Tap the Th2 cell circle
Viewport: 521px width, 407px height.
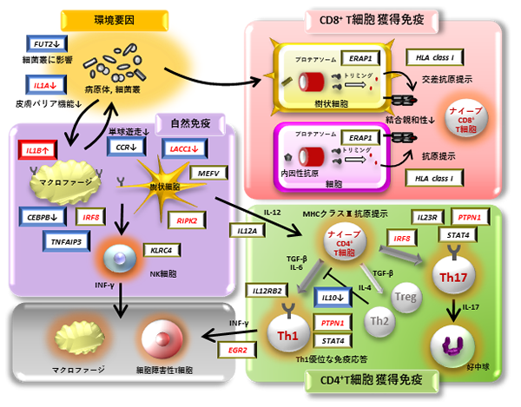pyautogui.click(x=377, y=320)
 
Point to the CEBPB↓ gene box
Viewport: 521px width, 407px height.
pyautogui.click(x=43, y=215)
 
